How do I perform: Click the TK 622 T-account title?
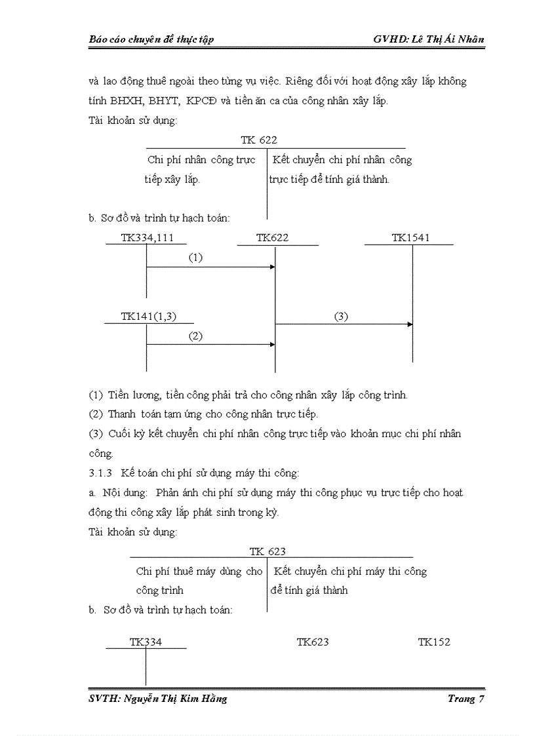click(x=259, y=140)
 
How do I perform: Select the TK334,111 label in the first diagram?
click(x=148, y=238)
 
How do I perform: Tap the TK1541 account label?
click(x=410, y=238)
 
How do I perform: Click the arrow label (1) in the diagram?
click(x=195, y=258)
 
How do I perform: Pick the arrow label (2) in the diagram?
click(x=195, y=336)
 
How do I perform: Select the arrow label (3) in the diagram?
click(x=341, y=316)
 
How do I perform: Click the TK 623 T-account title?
click(x=267, y=551)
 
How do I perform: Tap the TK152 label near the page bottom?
click(x=434, y=642)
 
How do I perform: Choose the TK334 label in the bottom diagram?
click(x=146, y=642)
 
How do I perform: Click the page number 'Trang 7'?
click(x=466, y=699)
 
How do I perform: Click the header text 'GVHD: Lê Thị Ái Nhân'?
click(x=429, y=39)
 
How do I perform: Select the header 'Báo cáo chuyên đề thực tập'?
click(x=151, y=39)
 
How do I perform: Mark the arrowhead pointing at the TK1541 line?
click(x=410, y=324)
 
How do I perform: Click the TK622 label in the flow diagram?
click(x=272, y=238)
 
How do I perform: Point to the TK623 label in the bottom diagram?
click(x=313, y=642)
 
